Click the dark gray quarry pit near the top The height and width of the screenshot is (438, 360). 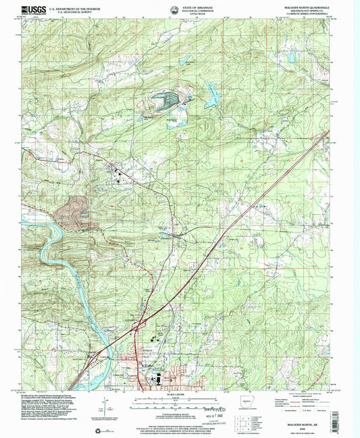(164, 102)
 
